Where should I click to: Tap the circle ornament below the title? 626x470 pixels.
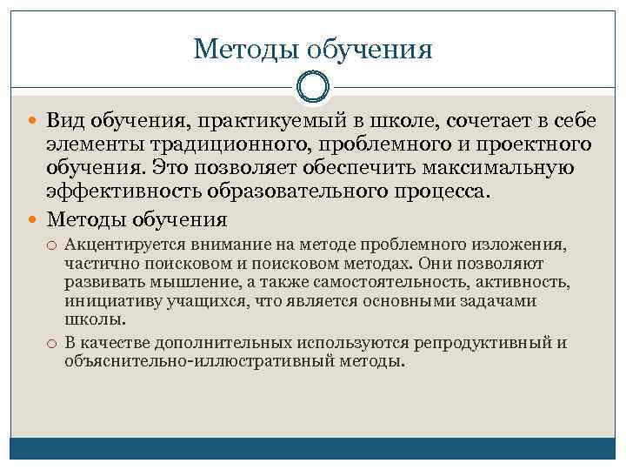(x=312, y=87)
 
